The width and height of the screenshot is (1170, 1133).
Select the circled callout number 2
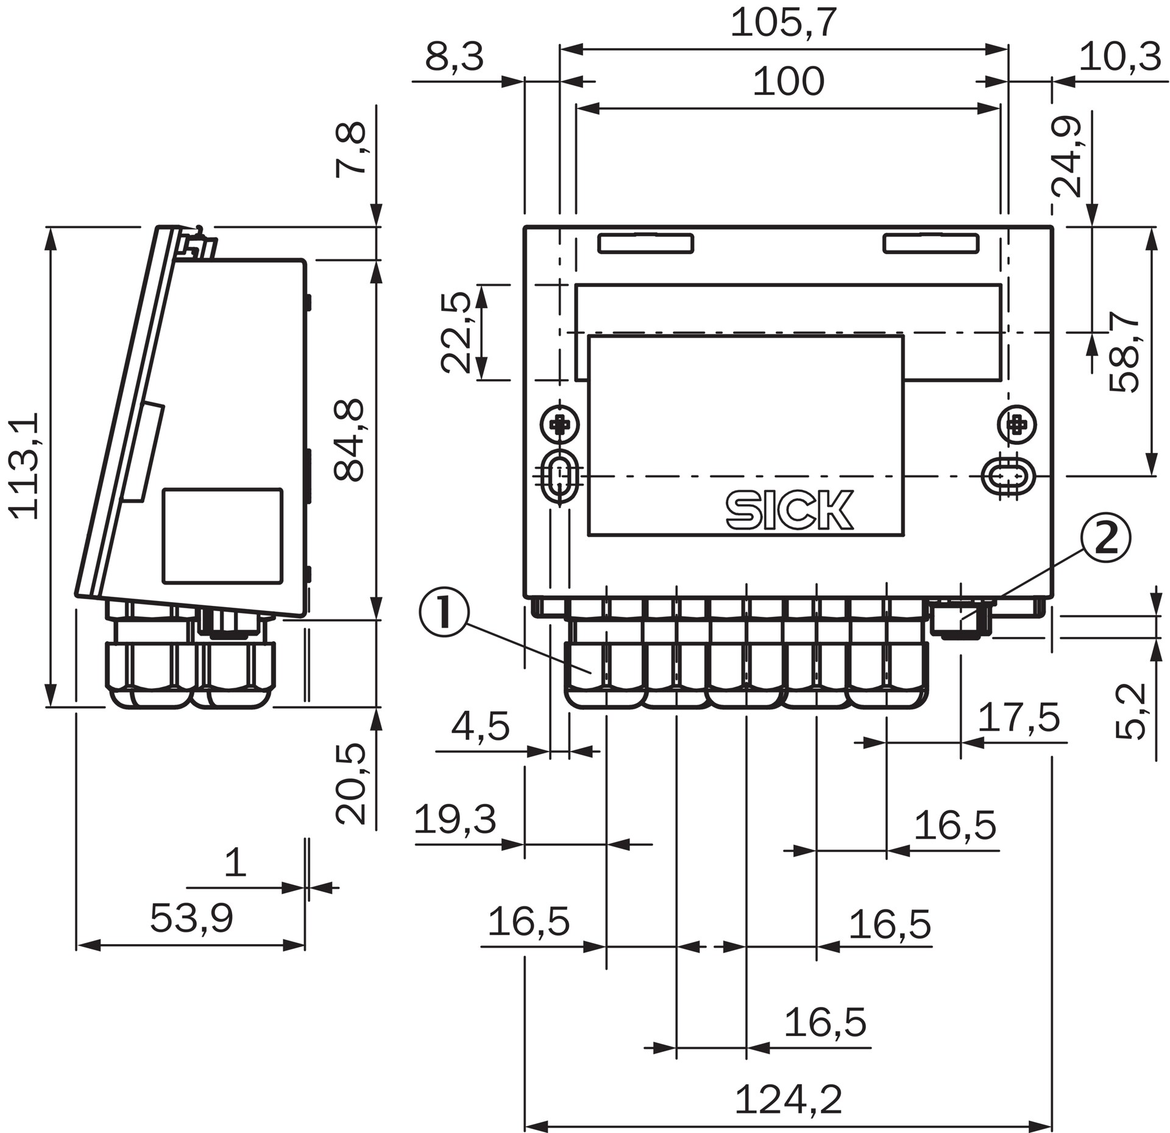[x=1105, y=539]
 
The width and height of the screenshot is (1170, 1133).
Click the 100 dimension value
[x=789, y=82]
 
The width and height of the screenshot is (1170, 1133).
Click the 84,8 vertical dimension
[x=350, y=440]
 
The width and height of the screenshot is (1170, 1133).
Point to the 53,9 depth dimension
[x=191, y=918]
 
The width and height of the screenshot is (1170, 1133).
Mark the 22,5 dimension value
[x=456, y=332]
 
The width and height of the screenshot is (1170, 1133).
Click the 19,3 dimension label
[x=455, y=819]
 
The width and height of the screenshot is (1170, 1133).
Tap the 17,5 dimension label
[x=1019, y=717]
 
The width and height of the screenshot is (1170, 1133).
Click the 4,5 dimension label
[x=480, y=727]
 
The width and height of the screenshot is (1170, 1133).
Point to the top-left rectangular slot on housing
[x=646, y=244]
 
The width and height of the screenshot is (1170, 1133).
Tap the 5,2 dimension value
[x=1131, y=711]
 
